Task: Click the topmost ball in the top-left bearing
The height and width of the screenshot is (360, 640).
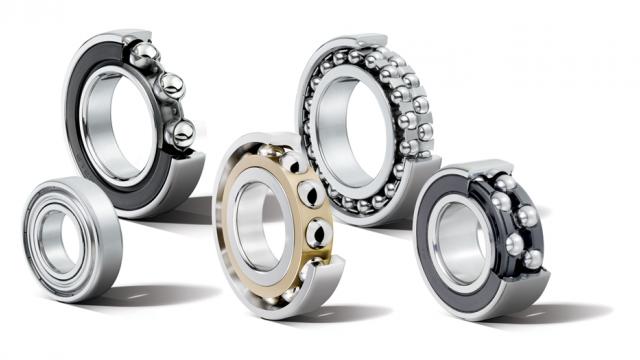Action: pos(146,52)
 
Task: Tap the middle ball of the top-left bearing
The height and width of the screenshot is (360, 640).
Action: pos(171,86)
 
